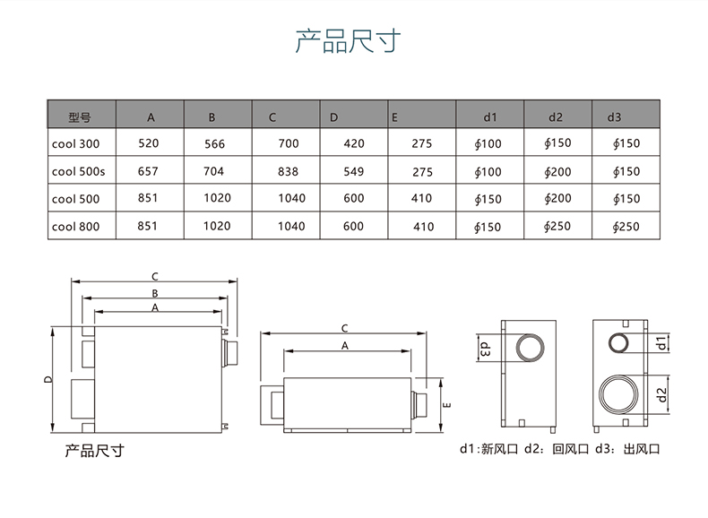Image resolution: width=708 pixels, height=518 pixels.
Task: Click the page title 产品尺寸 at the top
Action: [x=349, y=41]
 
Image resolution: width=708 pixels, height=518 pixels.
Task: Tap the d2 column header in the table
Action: [x=556, y=117]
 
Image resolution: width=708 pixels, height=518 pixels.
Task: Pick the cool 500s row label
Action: [x=79, y=171]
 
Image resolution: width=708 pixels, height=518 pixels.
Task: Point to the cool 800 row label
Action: [x=76, y=227]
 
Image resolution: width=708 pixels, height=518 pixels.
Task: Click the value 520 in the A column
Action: [x=149, y=143]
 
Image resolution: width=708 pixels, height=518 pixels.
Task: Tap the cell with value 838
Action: [x=288, y=171]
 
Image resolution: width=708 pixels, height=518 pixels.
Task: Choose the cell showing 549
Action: [x=354, y=171]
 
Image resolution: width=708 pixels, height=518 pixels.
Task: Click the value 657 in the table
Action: [x=149, y=171]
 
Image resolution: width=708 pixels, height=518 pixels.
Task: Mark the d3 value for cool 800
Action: [x=626, y=227]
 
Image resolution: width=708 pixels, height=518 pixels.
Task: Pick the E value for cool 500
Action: [x=423, y=199]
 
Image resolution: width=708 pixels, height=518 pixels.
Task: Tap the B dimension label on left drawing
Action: [x=154, y=293]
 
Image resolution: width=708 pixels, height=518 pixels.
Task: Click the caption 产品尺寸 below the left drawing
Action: [x=94, y=450]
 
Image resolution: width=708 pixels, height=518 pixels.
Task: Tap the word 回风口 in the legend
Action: [x=567, y=449]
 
